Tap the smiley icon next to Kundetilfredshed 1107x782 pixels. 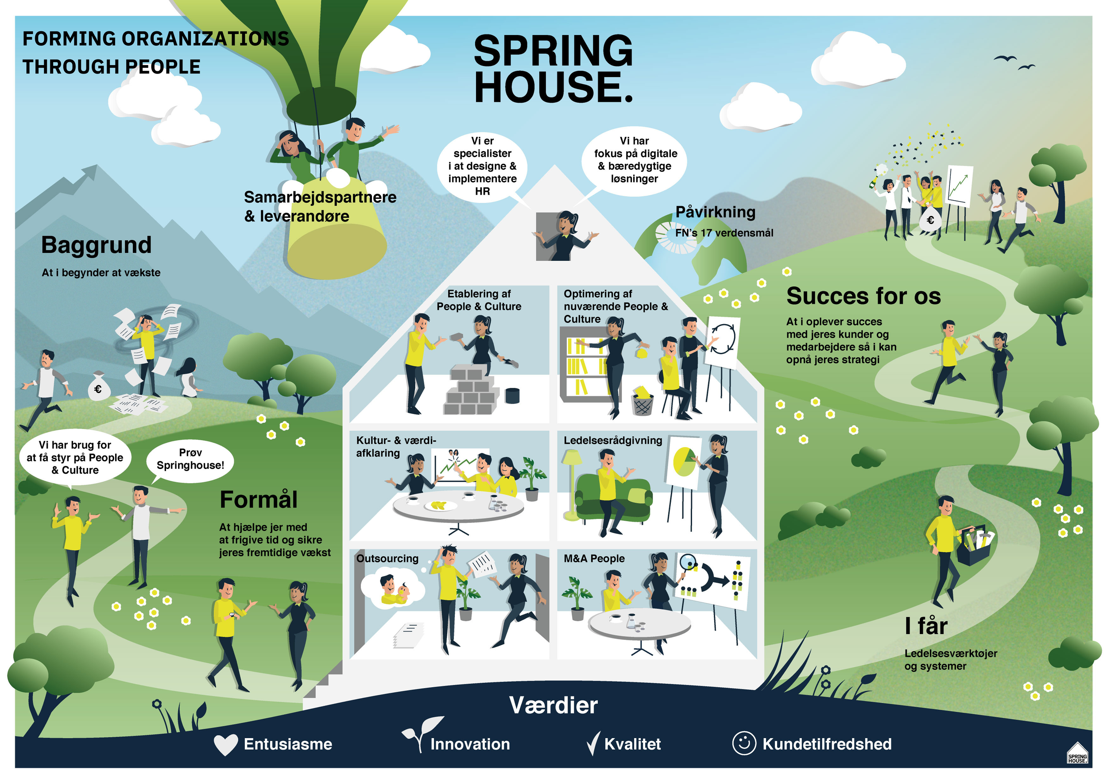(x=744, y=743)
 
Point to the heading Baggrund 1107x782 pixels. (x=97, y=245)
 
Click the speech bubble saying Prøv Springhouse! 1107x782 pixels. (x=190, y=460)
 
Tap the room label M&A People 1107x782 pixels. (x=594, y=558)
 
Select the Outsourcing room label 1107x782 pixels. (x=387, y=558)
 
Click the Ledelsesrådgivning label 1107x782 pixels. (x=613, y=440)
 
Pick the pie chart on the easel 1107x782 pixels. (x=684, y=461)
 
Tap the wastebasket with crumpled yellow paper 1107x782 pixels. (x=642, y=401)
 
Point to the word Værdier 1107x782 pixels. (x=553, y=705)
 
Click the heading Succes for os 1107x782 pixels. (x=863, y=296)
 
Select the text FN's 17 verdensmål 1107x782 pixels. (x=724, y=233)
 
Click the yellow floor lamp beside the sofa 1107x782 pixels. (x=572, y=482)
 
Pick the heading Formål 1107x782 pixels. (x=259, y=499)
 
